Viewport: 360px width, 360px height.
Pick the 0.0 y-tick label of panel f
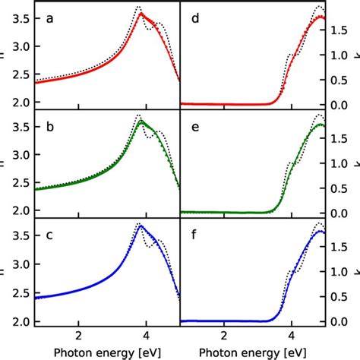point(342,321)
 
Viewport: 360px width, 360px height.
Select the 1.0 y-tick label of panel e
point(342,164)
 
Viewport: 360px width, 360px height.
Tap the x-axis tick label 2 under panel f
point(224,336)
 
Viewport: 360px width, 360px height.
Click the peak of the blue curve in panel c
point(141,226)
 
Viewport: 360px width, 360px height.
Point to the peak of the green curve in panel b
point(141,121)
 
